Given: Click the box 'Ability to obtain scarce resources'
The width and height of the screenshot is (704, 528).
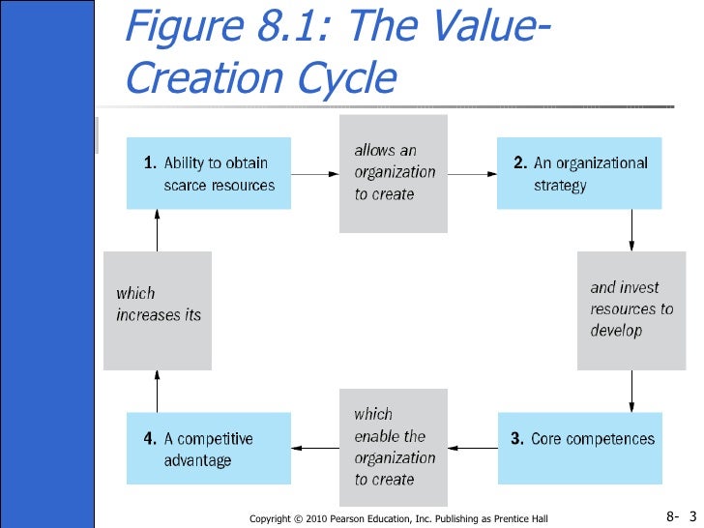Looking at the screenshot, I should (209, 174).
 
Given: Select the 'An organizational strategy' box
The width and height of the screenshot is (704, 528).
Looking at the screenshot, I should (578, 174).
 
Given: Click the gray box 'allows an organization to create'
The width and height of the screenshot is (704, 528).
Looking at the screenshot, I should (394, 173).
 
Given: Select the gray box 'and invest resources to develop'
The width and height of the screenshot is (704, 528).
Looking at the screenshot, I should (631, 309).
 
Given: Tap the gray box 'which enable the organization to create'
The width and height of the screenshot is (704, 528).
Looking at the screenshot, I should (394, 448).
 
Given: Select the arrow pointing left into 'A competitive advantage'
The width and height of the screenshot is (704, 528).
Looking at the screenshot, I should (315, 448).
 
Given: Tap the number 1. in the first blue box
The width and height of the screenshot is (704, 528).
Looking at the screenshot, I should (150, 163).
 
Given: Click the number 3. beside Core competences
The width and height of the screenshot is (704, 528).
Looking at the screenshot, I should (518, 439).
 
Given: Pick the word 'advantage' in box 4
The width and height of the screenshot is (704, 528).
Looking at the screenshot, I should (196, 460).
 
